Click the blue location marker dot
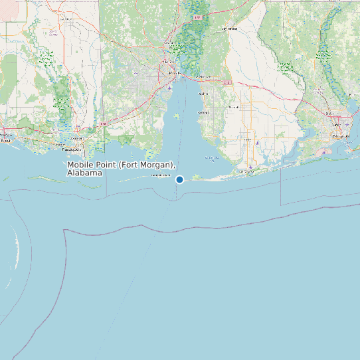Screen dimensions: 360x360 [179, 179]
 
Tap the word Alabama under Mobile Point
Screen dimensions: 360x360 [85, 173]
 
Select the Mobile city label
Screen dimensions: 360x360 [174, 72]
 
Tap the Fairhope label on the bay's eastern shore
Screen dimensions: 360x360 [203, 113]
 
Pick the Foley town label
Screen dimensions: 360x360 [248, 140]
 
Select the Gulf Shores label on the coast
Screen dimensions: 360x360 [246, 170]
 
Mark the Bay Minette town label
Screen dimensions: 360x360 [229, 29]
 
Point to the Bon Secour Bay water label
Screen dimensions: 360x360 [211, 157]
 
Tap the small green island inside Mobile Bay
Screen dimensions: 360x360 [176, 116]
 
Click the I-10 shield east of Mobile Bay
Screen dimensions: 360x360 [228, 82]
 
